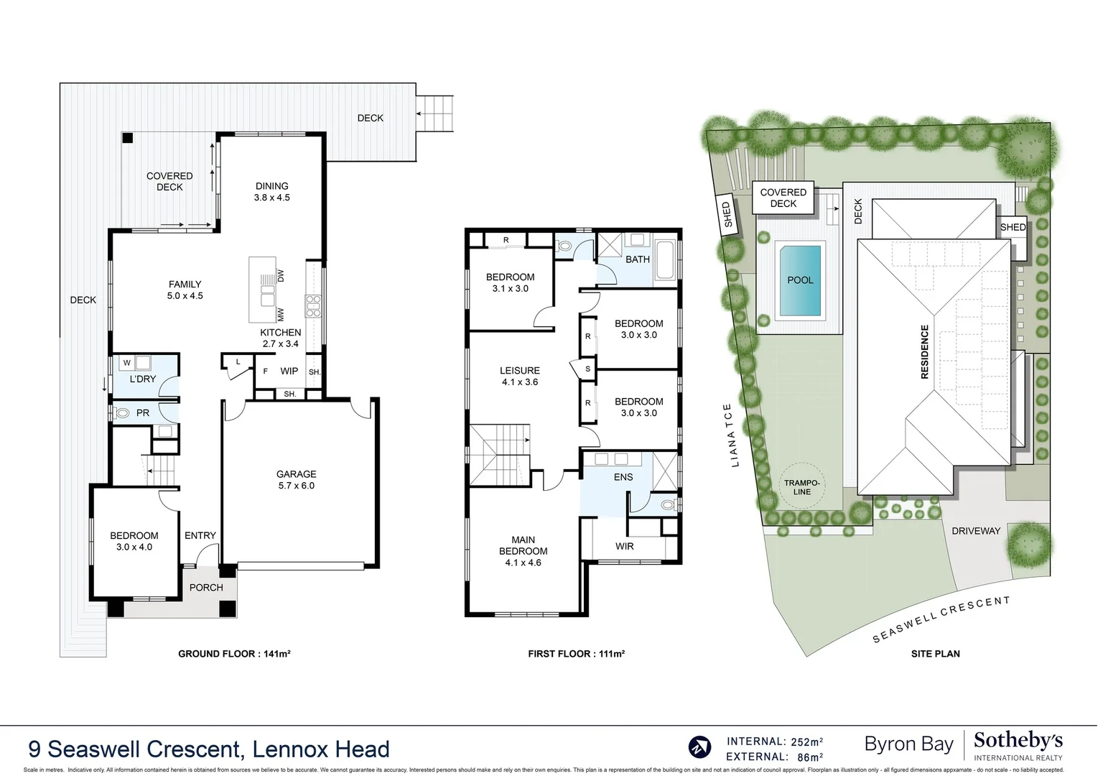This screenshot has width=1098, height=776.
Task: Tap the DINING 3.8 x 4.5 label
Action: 271,191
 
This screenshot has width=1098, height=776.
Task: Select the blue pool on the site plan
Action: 799,280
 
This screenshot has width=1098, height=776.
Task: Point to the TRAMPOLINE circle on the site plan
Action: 802,487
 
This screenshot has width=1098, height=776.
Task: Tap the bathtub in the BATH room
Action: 664,260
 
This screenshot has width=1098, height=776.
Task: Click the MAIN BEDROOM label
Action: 524,550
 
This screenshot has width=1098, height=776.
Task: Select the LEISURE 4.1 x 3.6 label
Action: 519,376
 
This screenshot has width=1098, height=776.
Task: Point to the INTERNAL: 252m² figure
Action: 775,742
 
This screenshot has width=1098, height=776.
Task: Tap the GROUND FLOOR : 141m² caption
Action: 234,654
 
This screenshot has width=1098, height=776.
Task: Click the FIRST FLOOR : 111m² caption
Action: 576,654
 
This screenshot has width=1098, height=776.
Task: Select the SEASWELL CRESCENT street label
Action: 941,619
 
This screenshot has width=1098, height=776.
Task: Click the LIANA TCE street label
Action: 731,435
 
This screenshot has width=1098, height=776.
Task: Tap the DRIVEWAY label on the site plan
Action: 975,531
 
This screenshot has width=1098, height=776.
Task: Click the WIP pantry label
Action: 289,371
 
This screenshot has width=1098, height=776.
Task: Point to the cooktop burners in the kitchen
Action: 314,306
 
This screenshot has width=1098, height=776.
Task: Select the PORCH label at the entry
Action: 206,587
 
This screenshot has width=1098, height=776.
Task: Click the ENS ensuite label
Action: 623,477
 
